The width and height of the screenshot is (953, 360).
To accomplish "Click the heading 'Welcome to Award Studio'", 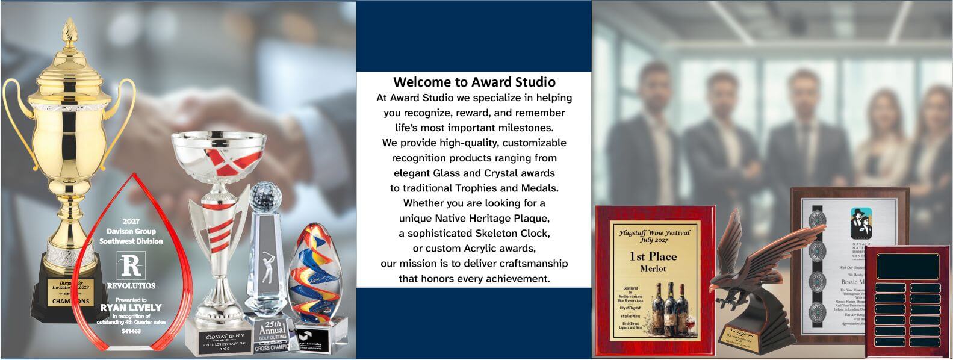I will (x=474, y=81).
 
